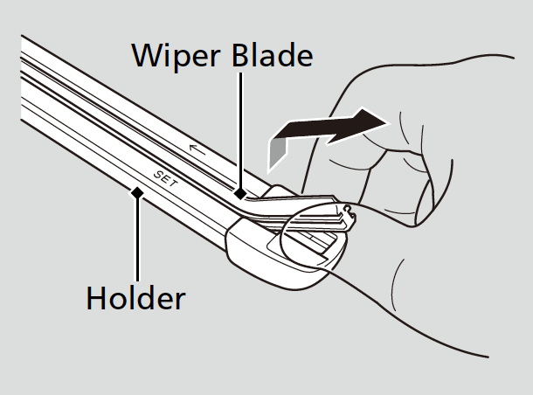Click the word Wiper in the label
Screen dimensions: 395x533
[172, 55]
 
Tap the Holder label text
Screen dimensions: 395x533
[135, 298]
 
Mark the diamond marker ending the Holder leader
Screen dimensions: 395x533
[135, 191]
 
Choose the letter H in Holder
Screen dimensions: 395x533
[95, 298]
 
